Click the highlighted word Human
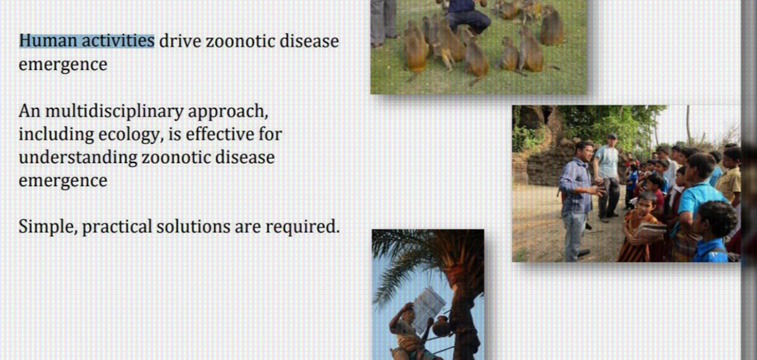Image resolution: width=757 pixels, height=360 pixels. pyautogui.click(x=48, y=41)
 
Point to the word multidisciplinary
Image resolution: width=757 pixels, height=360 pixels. pyautogui.click(x=114, y=112)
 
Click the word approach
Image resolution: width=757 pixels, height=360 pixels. pyautogui.click(x=228, y=112)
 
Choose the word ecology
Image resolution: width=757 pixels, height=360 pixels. pyautogui.click(x=129, y=135)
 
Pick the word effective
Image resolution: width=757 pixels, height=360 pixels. pyautogui.click(x=220, y=134)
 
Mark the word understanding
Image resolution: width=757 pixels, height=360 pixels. pyautogui.click(x=78, y=158)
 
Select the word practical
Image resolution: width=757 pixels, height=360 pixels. pyautogui.click(x=117, y=227)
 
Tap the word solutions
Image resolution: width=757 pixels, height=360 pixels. pyautogui.click(x=193, y=226)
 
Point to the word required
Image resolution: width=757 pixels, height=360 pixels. pyautogui.click(x=302, y=227)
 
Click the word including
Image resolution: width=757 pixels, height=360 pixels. pyautogui.click(x=56, y=135)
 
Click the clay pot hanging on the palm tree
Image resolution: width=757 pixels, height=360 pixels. pyautogui.click(x=441, y=326)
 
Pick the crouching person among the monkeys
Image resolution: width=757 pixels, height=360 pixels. pyautogui.click(x=467, y=13)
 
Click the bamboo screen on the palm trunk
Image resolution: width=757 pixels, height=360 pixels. pyautogui.click(x=428, y=308)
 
